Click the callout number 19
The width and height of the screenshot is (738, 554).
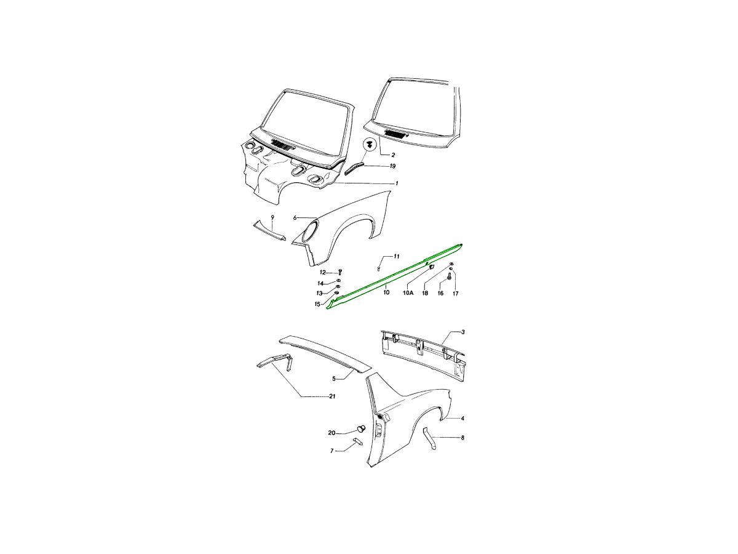coord(392,166)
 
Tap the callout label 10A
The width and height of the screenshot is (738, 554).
coord(408,293)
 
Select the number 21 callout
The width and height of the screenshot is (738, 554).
coord(332,396)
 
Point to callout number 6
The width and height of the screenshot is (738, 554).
coord(295,218)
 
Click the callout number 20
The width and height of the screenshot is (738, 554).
coord(331,433)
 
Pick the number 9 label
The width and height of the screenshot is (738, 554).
coord(272,218)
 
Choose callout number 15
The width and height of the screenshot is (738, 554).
coord(317,305)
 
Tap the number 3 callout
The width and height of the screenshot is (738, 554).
coord(463,332)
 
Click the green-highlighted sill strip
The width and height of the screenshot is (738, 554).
coord(394,276)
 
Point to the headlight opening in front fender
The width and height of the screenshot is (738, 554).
coord(309,232)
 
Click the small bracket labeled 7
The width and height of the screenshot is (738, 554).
coord(358,441)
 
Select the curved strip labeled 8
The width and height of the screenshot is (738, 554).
coord(429,439)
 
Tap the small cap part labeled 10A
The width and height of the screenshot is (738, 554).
coord(430,267)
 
